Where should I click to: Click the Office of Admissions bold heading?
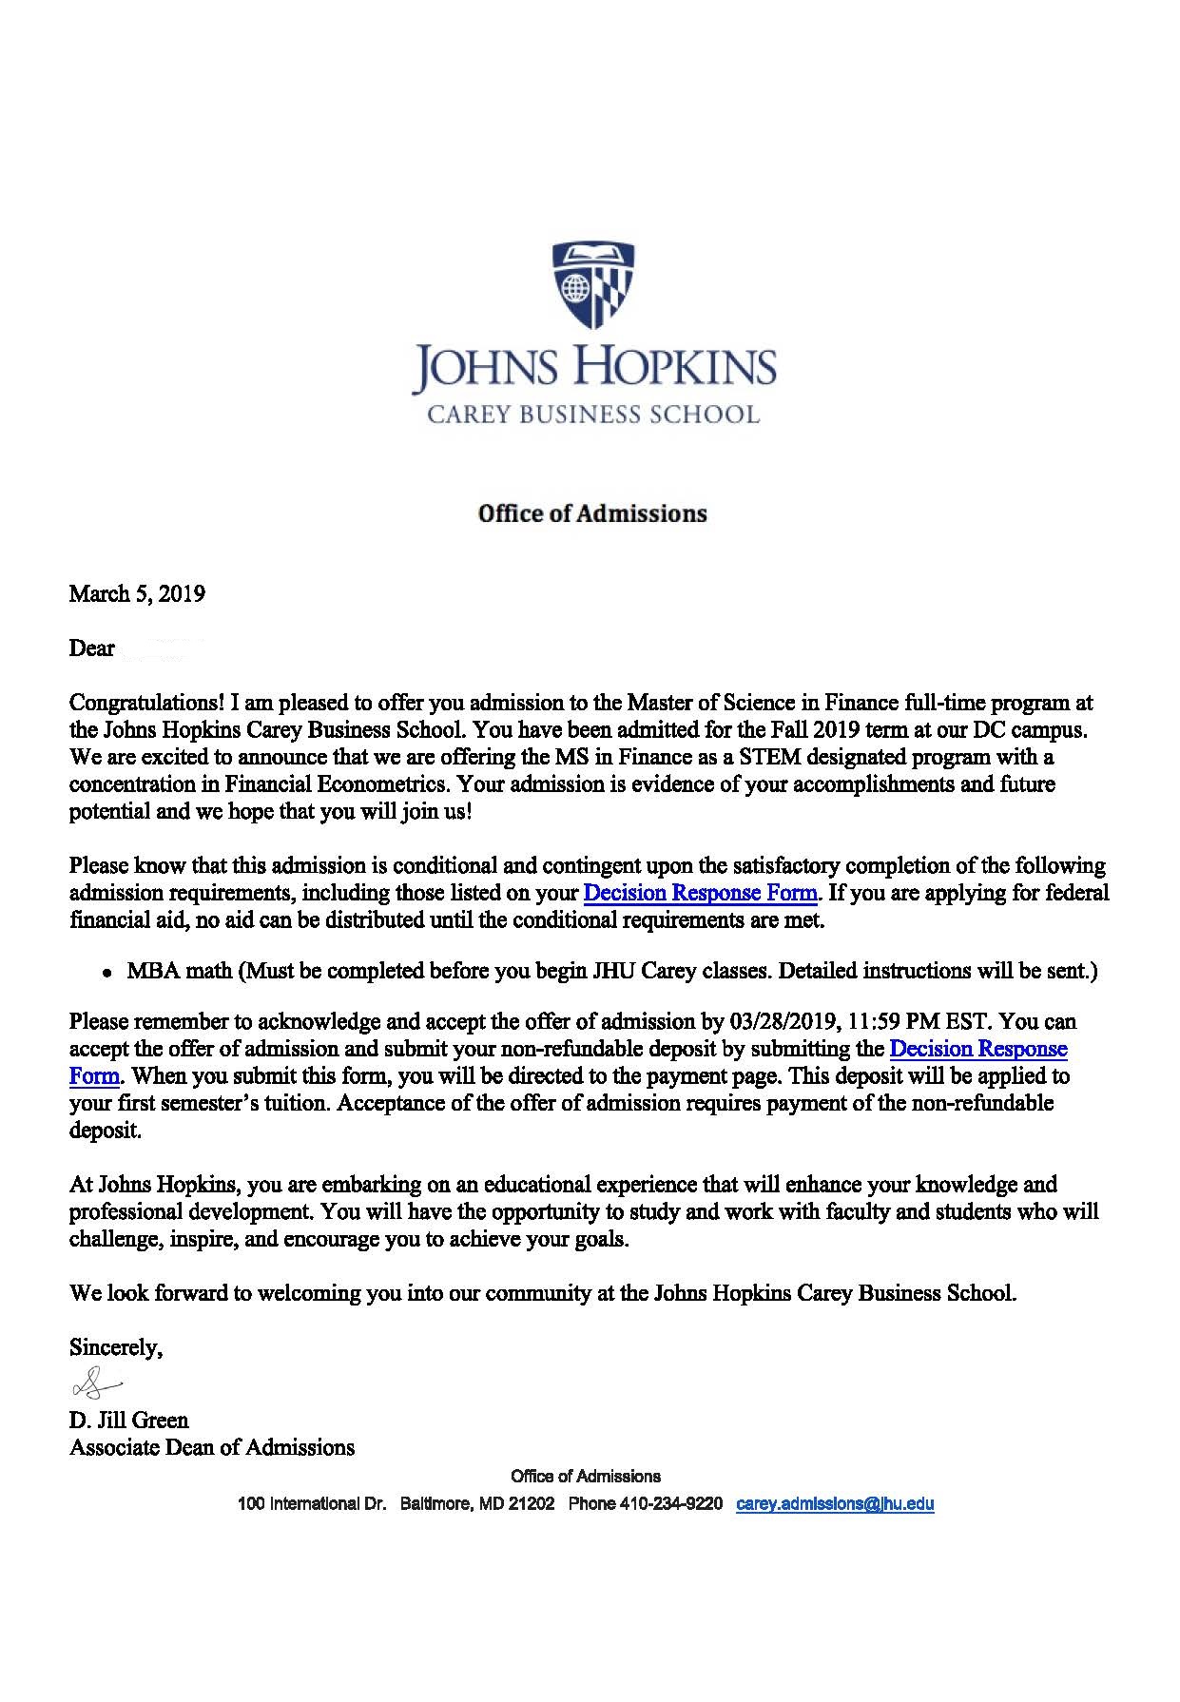point(592,513)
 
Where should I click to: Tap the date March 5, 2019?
point(137,594)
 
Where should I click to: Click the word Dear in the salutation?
point(91,648)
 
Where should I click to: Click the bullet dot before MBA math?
point(108,973)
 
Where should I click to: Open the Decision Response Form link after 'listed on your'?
point(700,893)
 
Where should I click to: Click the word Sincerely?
point(116,1347)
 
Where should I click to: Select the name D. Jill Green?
point(128,1421)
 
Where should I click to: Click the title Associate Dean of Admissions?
point(211,1448)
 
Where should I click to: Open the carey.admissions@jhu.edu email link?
point(835,1504)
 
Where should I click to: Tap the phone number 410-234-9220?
point(671,1504)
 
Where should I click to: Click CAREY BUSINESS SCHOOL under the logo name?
point(592,415)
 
